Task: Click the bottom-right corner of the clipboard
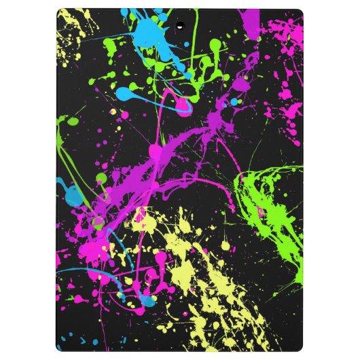click(x=301, y=349)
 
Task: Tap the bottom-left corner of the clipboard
click(x=60, y=349)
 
